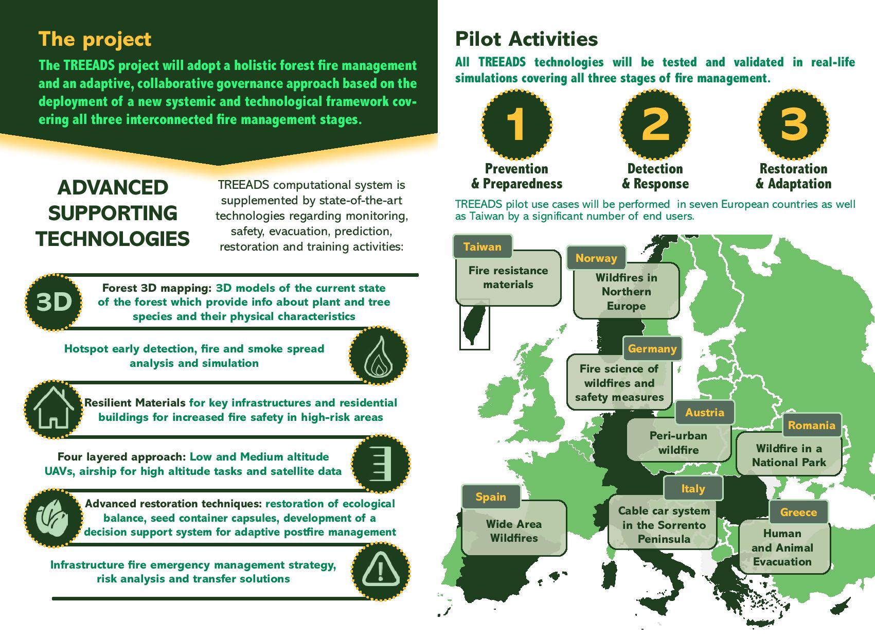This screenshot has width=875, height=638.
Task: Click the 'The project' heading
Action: [95, 39]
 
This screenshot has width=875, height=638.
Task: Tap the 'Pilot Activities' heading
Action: [526, 39]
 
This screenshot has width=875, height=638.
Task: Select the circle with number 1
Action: [516, 125]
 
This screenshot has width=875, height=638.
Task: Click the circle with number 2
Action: [655, 125]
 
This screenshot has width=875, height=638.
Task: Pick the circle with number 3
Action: [794, 125]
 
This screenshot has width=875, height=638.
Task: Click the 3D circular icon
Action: [53, 302]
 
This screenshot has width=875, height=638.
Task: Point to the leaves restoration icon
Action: [53, 518]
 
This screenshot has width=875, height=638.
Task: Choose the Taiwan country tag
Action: [483, 246]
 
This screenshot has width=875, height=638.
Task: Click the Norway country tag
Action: [596, 258]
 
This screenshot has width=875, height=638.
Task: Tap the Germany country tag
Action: [652, 349]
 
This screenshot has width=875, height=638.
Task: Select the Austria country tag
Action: [704, 413]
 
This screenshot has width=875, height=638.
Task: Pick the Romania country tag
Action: [811, 426]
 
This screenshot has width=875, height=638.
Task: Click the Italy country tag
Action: [693, 489]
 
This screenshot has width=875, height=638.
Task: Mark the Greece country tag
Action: [798, 512]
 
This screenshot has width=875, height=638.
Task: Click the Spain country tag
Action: [491, 497]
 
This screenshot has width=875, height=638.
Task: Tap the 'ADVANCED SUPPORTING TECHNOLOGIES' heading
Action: [113, 213]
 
